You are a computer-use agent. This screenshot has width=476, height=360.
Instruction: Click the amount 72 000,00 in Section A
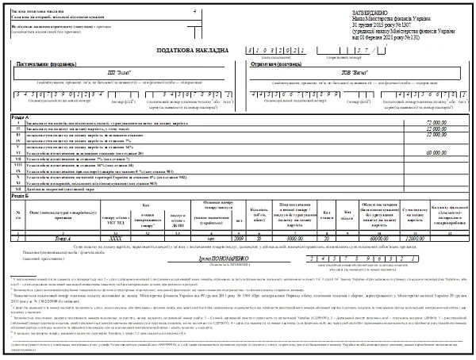tap(437, 123)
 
